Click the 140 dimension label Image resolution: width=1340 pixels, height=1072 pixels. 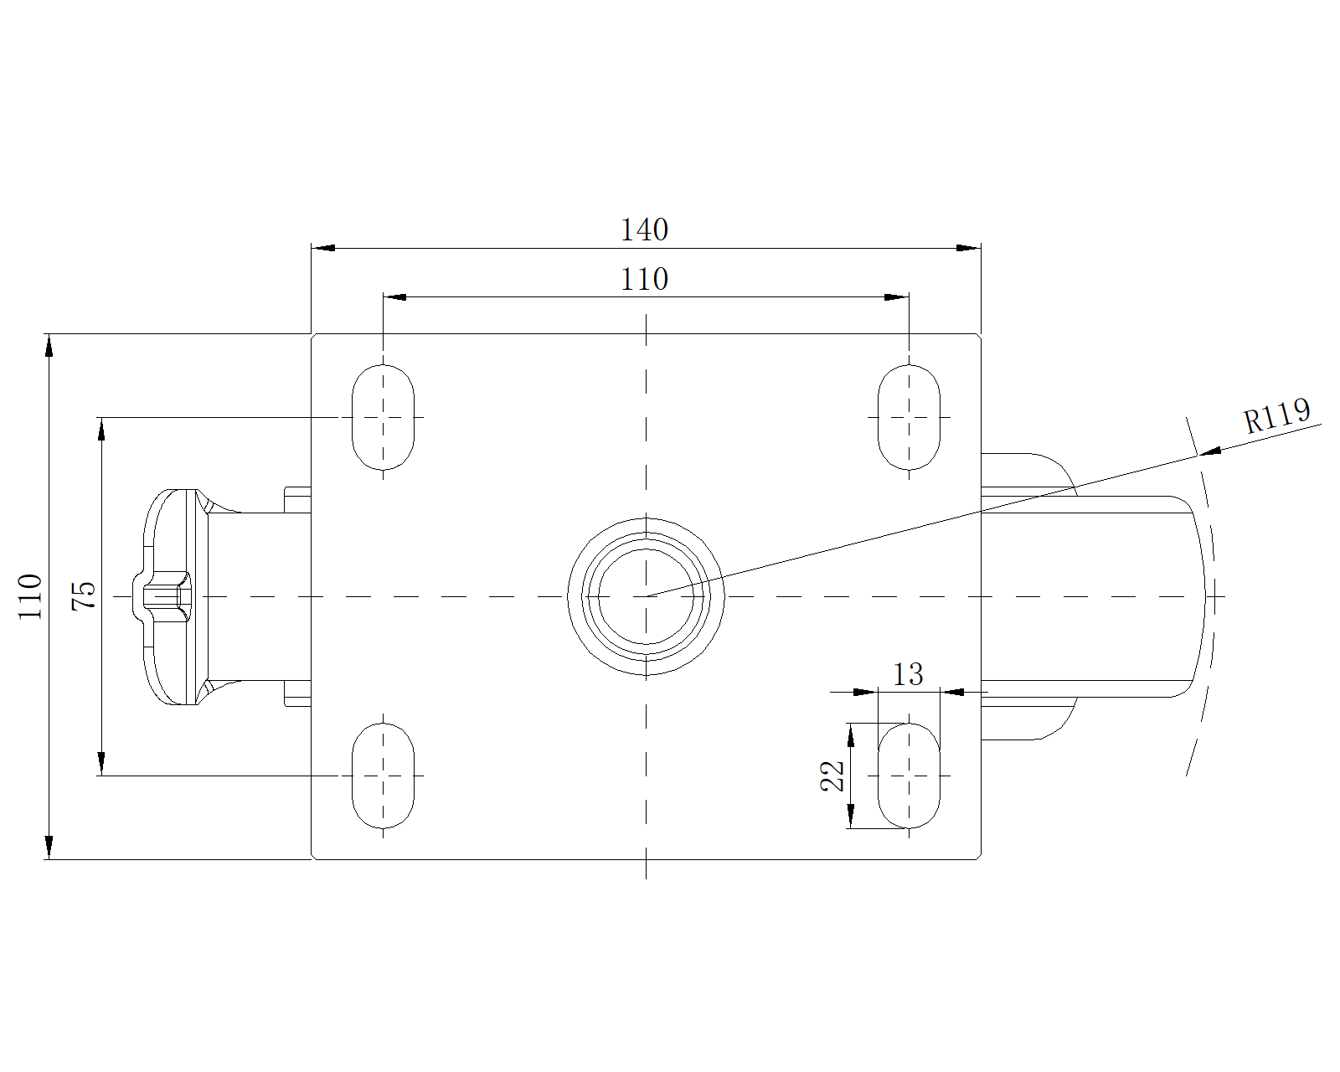[x=644, y=229]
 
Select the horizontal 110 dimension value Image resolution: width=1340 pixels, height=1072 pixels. [x=644, y=279]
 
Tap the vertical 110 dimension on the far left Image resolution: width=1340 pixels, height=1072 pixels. [x=31, y=596]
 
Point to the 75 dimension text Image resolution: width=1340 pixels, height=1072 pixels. [x=85, y=595]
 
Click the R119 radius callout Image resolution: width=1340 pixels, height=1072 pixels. [x=1276, y=415]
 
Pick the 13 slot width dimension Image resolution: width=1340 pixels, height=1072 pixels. [x=908, y=674]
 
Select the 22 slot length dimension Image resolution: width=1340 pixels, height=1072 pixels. [x=833, y=776]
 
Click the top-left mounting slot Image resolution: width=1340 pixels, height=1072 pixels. [x=383, y=417]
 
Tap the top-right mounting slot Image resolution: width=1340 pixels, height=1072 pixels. [x=909, y=417]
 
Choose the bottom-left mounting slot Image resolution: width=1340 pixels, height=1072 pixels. [x=383, y=776]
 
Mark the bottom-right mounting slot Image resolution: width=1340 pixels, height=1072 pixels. [x=909, y=776]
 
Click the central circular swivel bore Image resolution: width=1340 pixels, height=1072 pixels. [x=646, y=596]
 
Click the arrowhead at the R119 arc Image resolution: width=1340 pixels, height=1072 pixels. [x=1209, y=452]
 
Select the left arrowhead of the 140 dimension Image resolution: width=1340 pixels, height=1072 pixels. [x=323, y=248]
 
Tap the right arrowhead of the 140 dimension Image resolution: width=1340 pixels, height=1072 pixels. [x=969, y=248]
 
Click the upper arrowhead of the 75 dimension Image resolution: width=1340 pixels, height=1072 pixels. [x=101, y=429]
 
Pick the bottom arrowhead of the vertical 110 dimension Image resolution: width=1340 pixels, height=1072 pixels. [x=49, y=847]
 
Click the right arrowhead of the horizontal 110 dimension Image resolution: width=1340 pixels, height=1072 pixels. [x=897, y=297]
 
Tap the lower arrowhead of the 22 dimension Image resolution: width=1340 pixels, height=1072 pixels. [x=850, y=817]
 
